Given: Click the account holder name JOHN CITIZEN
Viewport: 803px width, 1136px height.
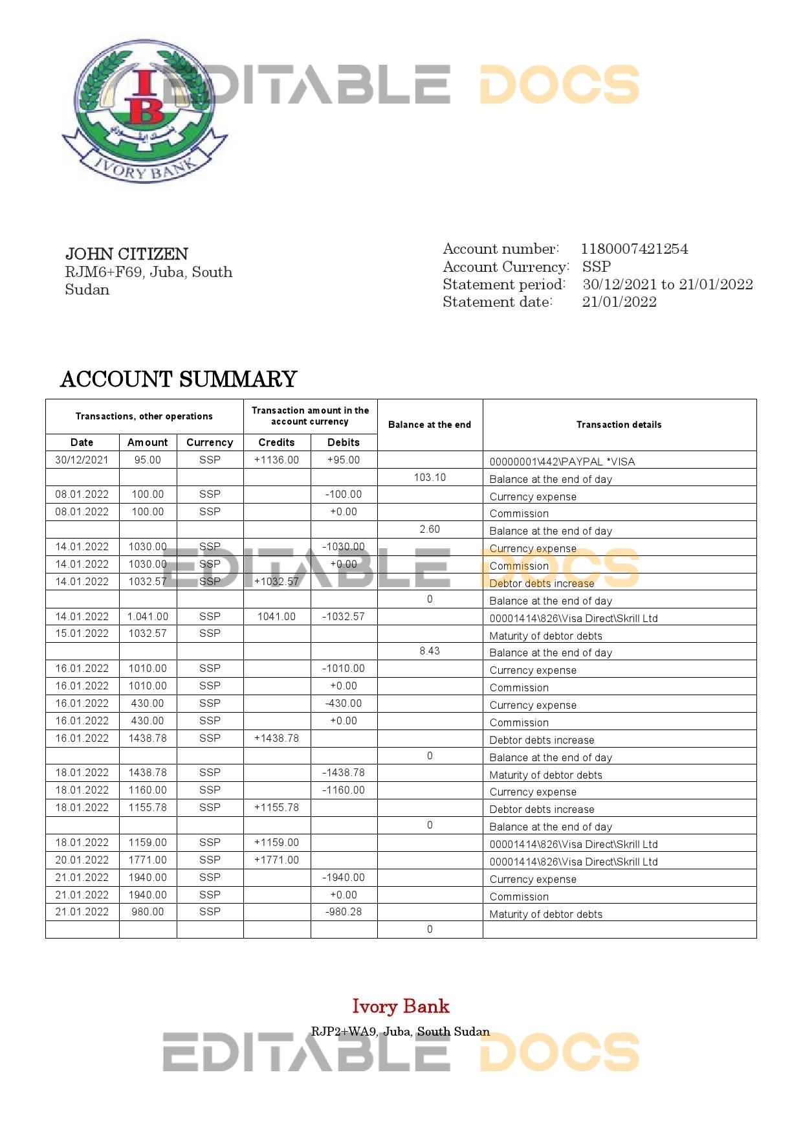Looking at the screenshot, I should pos(127,254).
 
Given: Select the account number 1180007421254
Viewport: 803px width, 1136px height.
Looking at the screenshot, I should pos(634,249).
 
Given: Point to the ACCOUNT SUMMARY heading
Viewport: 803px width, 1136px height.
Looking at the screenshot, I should pos(179,379).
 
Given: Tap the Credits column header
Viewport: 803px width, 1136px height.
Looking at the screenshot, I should pos(276,442).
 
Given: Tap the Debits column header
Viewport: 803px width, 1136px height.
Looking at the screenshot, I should pos(344,442).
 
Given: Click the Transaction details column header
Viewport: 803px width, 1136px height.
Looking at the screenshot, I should pos(619,425).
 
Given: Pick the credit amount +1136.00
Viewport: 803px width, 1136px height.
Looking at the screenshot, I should pos(276,460).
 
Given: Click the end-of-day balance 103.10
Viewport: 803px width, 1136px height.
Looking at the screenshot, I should pos(430,478).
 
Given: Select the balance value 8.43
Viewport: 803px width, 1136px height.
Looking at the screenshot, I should pos(430,651).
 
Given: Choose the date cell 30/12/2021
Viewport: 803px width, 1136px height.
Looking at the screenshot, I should pos(82,460).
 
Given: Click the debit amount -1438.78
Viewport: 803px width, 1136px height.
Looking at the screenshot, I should pos(344,773).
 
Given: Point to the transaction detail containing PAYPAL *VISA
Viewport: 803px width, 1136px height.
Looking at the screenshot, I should pos(562,462).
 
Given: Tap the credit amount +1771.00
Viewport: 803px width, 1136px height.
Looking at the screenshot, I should pos(276,860).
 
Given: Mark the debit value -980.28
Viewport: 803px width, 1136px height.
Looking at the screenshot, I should pos(344,912).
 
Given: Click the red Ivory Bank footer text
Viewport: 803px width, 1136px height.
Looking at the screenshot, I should pos(401,1007).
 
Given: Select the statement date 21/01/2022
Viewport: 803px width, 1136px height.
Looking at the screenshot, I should pos(619,302).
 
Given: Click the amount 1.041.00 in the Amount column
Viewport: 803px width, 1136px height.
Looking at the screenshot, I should pos(148,617).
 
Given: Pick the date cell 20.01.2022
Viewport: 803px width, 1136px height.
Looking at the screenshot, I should pos(82,860).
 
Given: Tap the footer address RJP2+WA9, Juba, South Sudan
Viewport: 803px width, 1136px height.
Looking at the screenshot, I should pos(401,1032).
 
